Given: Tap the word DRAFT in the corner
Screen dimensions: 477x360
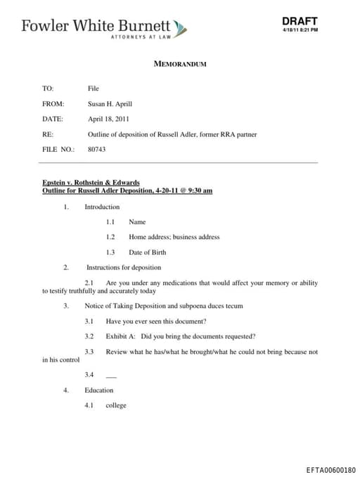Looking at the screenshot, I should coord(300,21).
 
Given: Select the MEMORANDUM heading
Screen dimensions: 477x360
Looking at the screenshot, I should coord(180,64).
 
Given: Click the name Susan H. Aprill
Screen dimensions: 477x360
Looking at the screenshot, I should coord(110,103).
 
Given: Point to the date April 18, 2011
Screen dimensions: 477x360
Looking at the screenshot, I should coord(108,119).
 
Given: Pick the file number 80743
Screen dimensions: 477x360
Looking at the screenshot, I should coord(96,149).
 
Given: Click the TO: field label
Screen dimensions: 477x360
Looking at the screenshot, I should coord(48,89).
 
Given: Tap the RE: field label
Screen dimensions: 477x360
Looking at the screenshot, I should coord(48,134).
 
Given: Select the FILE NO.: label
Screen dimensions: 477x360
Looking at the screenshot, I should coord(58,149).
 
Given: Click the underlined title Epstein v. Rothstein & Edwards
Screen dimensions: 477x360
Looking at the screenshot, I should coord(91,183).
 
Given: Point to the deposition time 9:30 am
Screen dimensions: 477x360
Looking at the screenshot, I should coord(198,191).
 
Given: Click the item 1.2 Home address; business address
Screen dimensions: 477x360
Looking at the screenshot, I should coord(174,237).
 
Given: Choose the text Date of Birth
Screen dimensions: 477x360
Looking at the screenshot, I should coord(147,252).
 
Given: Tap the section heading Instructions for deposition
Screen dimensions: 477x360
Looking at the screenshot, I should coord(124,267).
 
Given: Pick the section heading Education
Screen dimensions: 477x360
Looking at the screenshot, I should coord(98,390).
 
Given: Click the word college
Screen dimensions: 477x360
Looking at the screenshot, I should coord(116,405).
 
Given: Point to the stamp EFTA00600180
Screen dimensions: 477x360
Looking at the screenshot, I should coord(330,469).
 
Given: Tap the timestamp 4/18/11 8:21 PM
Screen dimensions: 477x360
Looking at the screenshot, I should coord(300,30).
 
